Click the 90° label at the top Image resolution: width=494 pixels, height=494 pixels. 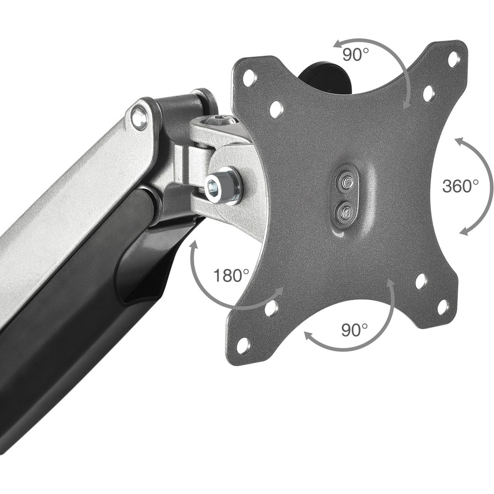pos(356,55)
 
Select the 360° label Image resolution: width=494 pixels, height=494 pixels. pos(460,186)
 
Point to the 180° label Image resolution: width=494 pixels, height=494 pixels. pos(231,275)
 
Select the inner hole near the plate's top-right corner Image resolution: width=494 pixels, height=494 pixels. pos(428,93)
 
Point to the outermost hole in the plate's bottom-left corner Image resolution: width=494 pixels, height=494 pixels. pos(243,344)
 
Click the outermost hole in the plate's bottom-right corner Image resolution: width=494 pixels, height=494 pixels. pos(442,307)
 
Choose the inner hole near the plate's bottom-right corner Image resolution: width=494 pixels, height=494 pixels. pos(421,281)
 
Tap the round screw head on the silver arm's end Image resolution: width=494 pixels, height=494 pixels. pos(140,117)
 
